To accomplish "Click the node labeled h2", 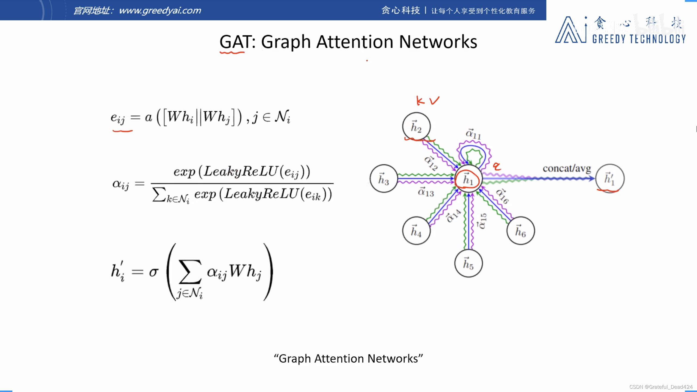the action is click(416, 126).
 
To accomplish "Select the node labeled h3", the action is click(384, 179).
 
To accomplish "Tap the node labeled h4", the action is click(416, 231).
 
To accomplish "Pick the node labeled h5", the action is click(468, 263).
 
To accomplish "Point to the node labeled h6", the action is click(520, 231).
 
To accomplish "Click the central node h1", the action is click(468, 179).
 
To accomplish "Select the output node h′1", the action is click(610, 179).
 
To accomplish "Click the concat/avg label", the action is click(567, 169).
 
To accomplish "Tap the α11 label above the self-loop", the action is click(473, 134).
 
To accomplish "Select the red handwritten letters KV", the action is click(427, 101).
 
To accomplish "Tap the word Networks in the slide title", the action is click(438, 42).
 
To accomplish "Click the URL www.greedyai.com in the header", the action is click(160, 10).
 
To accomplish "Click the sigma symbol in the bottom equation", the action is click(154, 272).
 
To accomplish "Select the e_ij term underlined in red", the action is click(118, 118).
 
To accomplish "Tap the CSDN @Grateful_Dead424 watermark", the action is click(661, 387).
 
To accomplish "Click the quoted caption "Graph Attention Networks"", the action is click(348, 359).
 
